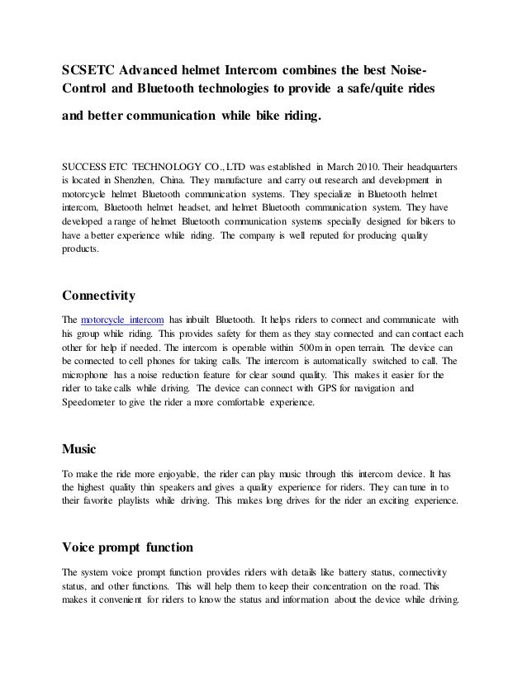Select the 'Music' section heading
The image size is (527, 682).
79,450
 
